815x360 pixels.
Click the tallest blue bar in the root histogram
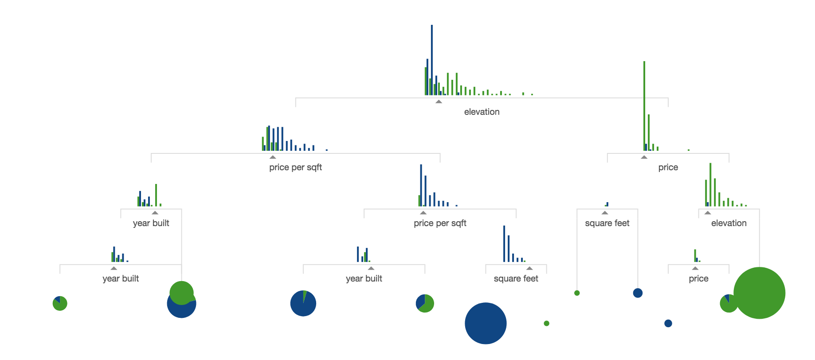432,60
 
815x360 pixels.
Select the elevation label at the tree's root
482,112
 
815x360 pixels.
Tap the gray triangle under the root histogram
439,102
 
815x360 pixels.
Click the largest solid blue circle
486,323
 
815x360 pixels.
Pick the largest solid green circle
759,293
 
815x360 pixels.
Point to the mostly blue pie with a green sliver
303,304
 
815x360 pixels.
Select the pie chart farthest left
60,304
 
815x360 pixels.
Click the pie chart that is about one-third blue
425,304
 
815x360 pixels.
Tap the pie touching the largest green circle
728,304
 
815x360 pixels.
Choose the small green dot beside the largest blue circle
546,323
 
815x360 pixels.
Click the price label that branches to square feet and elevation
668,167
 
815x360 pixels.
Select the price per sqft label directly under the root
295,167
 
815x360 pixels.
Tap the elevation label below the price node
729,223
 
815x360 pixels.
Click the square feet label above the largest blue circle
516,278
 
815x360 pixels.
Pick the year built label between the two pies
364,278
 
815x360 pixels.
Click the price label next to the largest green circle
698,278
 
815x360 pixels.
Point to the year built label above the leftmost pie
121,278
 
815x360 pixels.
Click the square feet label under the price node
607,223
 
